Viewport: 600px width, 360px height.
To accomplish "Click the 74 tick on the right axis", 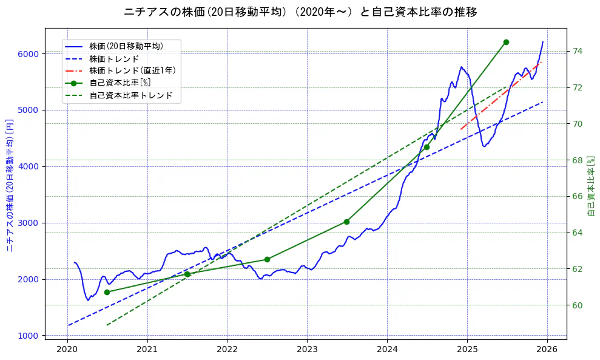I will [578, 51].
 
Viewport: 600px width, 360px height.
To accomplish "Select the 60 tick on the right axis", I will [578, 305].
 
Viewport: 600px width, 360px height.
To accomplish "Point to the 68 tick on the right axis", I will [578, 160].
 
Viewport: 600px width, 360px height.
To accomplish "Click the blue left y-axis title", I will [10, 185].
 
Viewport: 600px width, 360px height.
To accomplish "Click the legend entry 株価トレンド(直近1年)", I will [132, 70].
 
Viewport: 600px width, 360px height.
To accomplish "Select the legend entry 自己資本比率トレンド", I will [130, 95].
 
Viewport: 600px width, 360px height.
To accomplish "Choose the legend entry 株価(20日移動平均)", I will [126, 46].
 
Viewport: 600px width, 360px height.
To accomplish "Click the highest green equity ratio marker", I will [506, 42].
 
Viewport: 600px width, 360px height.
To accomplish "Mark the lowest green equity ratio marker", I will [107, 292].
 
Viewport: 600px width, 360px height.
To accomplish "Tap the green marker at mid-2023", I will [346, 222].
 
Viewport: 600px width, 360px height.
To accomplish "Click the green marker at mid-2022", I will [267, 259].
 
